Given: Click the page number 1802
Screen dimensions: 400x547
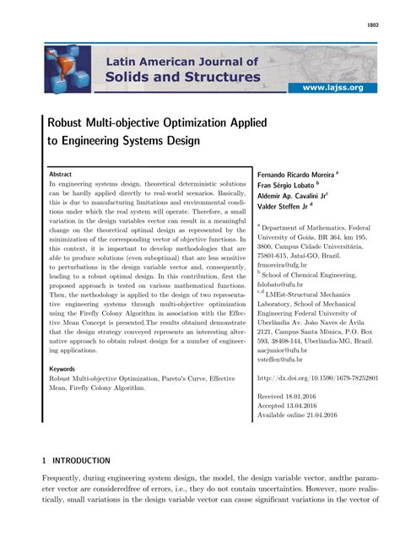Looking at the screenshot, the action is (x=372, y=26).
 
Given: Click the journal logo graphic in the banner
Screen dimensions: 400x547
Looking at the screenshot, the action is (x=68, y=69).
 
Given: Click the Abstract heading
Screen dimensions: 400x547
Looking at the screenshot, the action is (x=61, y=172).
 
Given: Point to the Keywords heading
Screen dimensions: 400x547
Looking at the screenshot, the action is (x=62, y=370).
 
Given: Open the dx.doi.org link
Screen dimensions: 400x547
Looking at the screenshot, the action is (x=317, y=379).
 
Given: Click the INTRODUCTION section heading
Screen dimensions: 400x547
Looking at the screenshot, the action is (x=81, y=462).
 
